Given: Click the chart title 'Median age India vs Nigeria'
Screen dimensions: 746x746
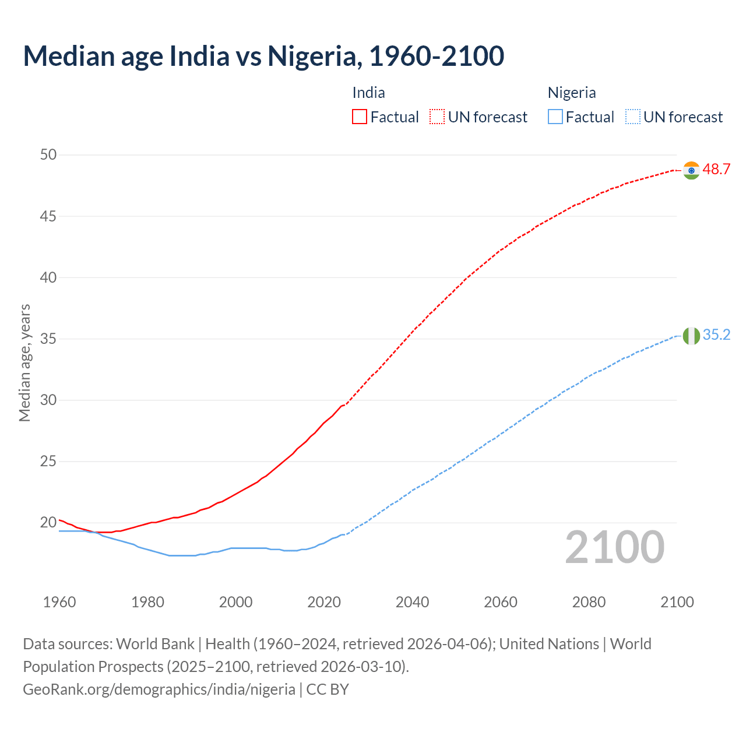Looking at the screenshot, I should click(x=263, y=57).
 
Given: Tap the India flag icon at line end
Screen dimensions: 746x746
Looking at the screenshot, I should click(x=691, y=170).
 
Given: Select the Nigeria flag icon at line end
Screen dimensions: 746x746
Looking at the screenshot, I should click(x=691, y=336).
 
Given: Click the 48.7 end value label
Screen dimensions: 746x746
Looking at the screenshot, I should click(x=716, y=170).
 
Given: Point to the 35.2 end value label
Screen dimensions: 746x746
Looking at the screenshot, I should click(x=716, y=335).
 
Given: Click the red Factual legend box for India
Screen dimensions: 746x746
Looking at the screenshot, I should click(x=360, y=117).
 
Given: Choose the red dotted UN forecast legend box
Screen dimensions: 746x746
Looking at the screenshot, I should click(x=437, y=117).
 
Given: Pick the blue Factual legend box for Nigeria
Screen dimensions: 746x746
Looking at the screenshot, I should click(x=555, y=117).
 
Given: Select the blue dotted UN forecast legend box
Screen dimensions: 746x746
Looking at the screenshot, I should click(x=632, y=117).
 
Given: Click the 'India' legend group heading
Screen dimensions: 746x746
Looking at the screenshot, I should click(x=368, y=93).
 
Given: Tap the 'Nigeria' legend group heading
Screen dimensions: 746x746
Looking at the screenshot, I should click(x=571, y=93).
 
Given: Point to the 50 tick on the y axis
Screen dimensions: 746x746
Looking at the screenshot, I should click(x=48, y=155).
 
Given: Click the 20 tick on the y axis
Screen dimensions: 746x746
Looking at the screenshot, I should click(x=48, y=523).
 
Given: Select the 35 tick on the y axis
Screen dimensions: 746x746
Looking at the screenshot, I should click(x=48, y=339).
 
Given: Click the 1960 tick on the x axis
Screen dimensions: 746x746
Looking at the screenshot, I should click(x=59, y=602).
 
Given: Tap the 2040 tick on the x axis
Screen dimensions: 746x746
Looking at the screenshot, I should click(x=412, y=602).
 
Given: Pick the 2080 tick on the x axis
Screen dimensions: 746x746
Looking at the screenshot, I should click(x=589, y=602).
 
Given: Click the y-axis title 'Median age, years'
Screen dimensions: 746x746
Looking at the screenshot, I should click(x=24, y=363).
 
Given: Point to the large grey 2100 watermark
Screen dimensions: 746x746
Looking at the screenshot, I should click(x=614, y=547).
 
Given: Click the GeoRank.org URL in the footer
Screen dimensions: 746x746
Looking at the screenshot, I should click(x=159, y=689).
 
